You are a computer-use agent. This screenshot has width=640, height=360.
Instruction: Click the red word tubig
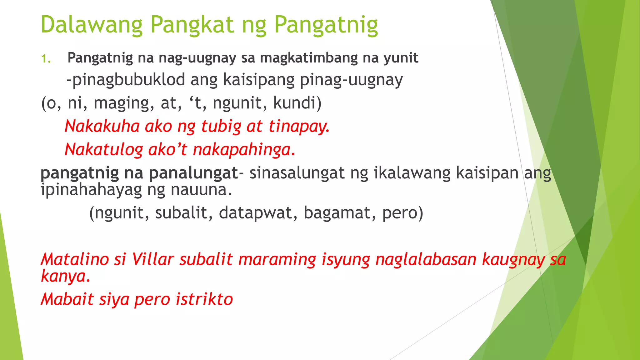221,127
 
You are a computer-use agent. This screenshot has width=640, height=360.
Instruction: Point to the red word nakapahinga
244,150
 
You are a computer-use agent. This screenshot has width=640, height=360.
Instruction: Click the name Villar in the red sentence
152,259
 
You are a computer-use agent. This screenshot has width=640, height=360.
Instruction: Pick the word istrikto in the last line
204,299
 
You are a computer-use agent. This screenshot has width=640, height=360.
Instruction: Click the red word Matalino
75,259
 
